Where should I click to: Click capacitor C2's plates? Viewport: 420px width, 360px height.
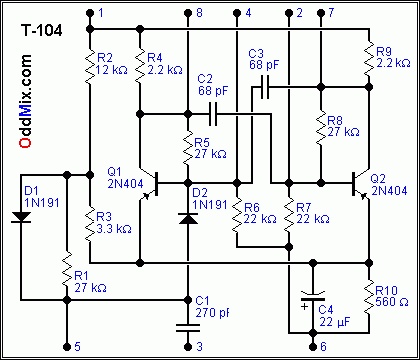coord(215,112)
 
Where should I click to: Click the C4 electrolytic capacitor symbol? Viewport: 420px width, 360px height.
coord(312,297)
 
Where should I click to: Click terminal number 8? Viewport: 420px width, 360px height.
coord(199,12)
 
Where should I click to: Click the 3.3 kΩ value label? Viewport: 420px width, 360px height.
coord(113,228)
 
